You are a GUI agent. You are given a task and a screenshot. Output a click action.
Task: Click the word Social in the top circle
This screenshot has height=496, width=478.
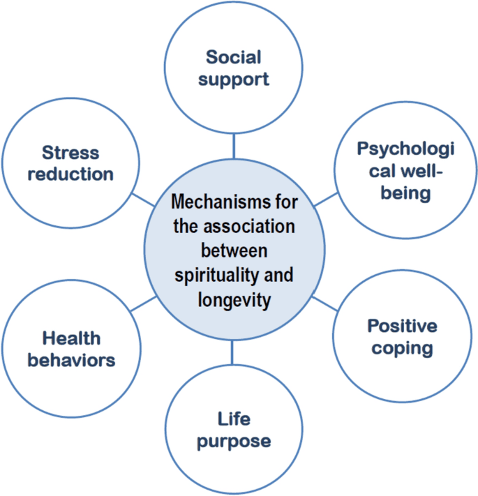(233, 57)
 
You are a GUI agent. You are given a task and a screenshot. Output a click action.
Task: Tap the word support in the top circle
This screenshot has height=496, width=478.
(233, 78)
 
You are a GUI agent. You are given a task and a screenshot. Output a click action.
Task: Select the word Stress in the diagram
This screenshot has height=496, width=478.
(70, 152)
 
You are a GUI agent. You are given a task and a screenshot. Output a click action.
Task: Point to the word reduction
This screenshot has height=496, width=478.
(70, 174)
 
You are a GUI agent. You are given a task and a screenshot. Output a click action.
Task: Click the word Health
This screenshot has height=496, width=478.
(71, 338)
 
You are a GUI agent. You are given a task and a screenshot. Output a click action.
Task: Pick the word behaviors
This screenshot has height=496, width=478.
(71, 360)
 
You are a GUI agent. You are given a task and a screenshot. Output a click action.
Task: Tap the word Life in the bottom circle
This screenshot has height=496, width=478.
(233, 419)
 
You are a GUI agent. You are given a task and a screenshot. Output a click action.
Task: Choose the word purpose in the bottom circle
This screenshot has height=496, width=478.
(233, 441)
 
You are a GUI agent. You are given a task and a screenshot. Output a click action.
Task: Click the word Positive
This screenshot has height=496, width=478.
(402, 326)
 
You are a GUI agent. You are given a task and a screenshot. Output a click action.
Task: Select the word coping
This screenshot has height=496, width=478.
(402, 347)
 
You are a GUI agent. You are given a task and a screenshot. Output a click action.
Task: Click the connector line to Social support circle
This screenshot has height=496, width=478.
(234, 145)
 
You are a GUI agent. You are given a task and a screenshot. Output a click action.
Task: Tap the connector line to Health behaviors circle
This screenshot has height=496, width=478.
(144, 303)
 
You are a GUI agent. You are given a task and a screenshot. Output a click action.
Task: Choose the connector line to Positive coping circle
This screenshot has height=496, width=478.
(322, 303)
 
